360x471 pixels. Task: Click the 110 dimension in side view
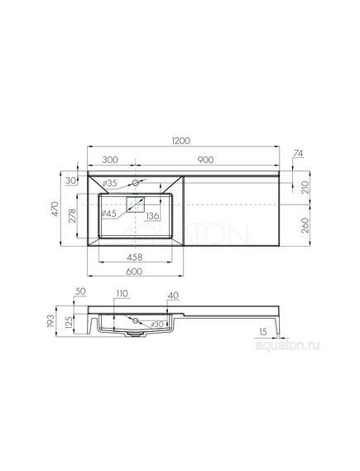tap(121, 293)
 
